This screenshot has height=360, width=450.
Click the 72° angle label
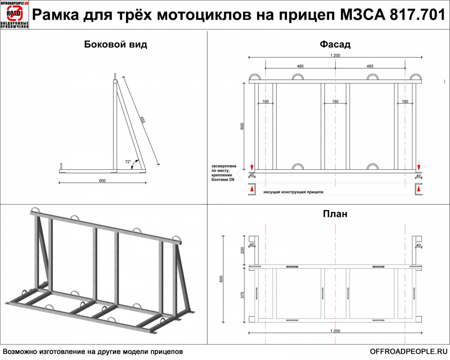click(128, 162)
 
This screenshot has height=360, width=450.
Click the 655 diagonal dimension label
click(142, 120)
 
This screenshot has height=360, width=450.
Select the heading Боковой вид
click(115, 44)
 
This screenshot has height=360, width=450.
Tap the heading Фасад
click(335, 44)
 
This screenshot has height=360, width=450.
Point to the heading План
click(335, 214)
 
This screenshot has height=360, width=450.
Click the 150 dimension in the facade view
click(335, 101)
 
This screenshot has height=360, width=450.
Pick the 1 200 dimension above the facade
click(335, 55)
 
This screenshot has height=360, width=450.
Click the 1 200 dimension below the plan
click(335, 331)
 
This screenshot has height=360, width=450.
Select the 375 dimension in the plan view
click(242, 295)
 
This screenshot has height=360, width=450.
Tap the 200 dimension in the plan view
click(242, 250)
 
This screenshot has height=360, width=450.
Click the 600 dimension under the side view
click(102, 181)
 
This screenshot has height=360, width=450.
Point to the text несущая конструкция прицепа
click(293, 192)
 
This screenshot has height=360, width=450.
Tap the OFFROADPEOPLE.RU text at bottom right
click(408, 351)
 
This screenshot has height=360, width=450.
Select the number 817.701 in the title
click(417, 15)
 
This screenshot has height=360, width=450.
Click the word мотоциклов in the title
click(204, 15)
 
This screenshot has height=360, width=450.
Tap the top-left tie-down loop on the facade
click(255, 77)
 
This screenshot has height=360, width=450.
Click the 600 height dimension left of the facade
click(242, 126)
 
